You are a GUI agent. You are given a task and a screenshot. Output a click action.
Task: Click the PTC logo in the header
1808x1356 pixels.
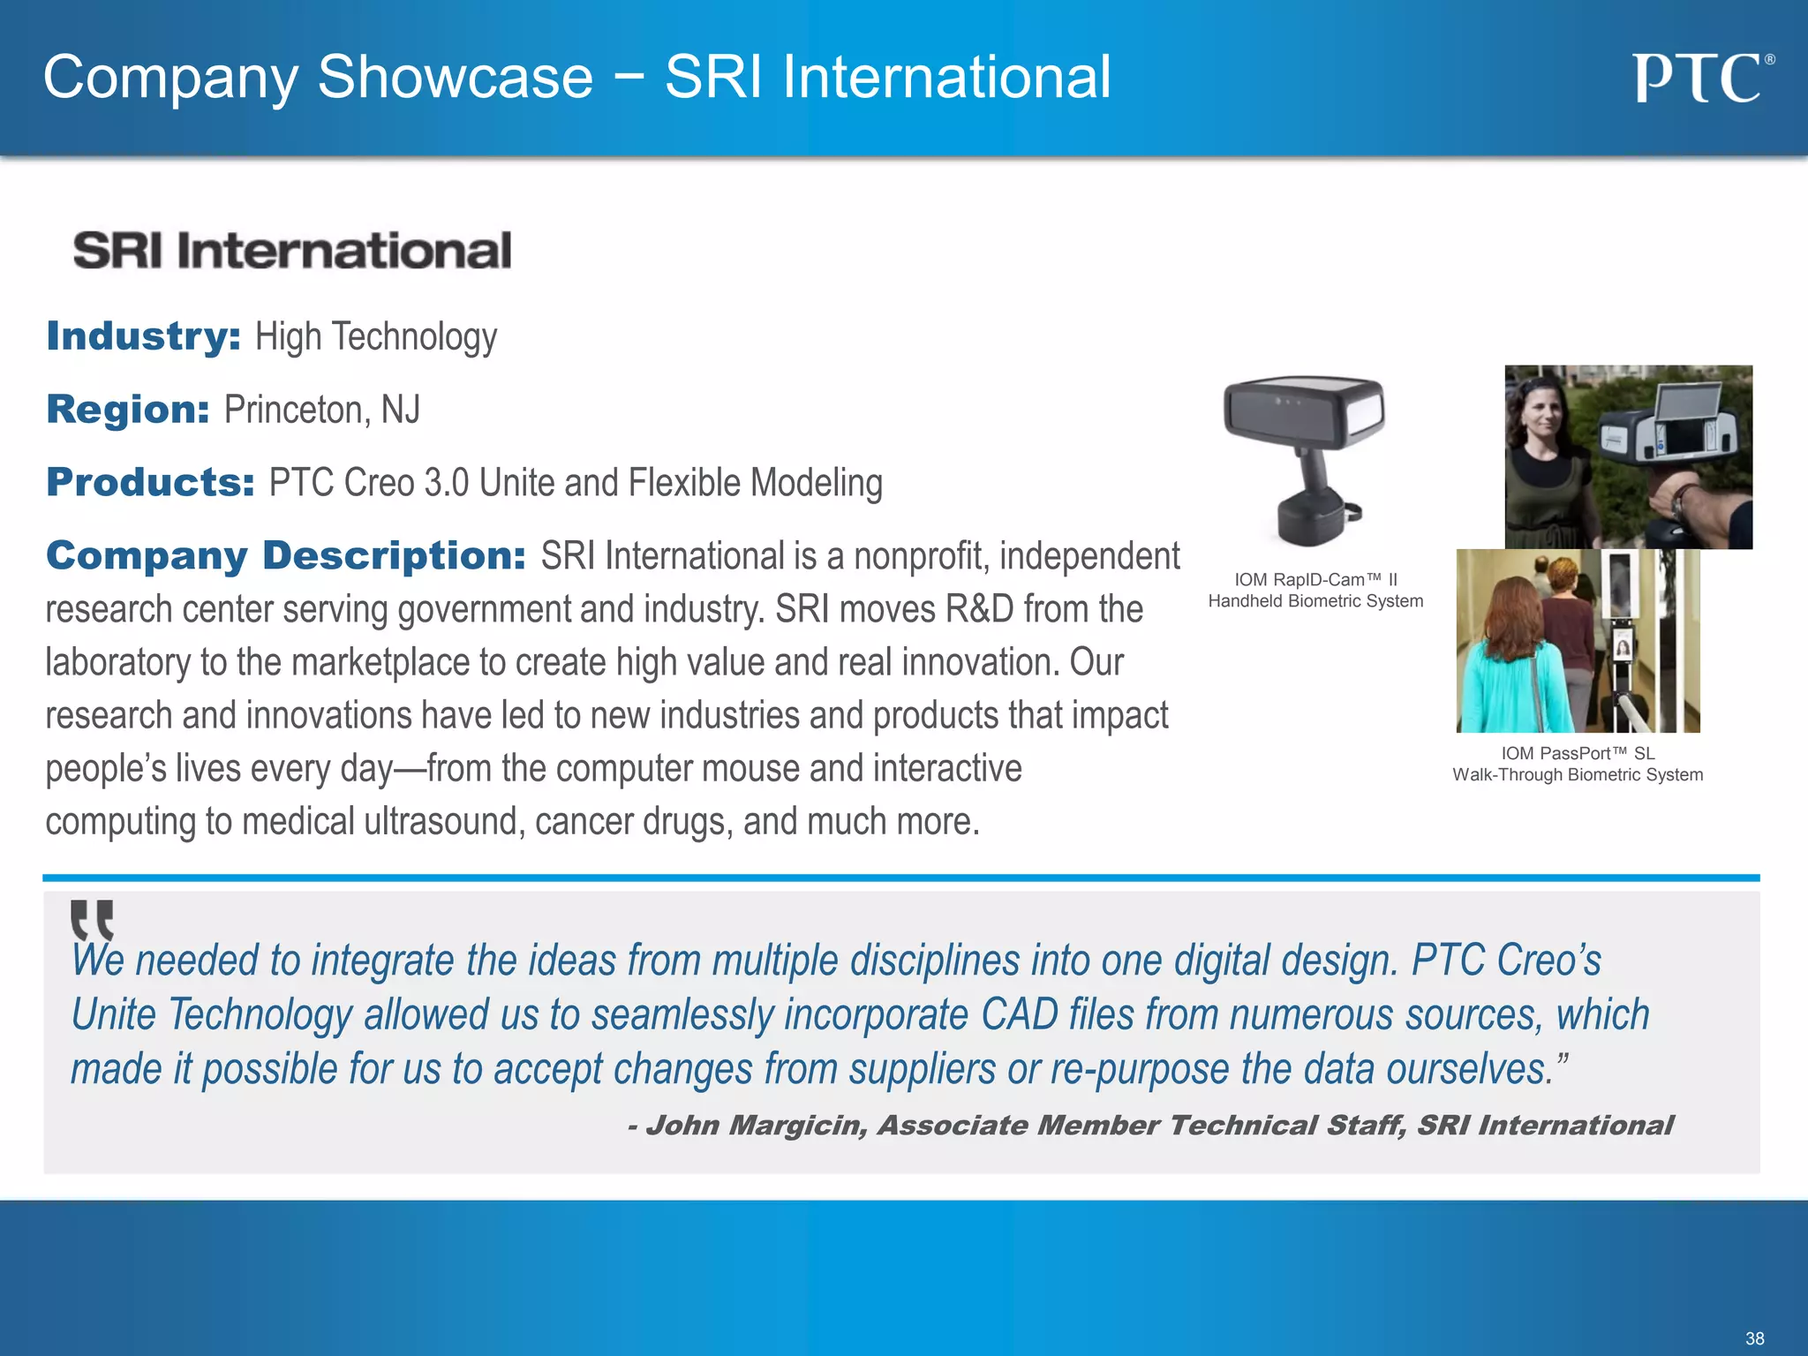click(x=1700, y=79)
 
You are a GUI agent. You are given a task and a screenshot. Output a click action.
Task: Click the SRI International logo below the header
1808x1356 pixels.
click(x=292, y=251)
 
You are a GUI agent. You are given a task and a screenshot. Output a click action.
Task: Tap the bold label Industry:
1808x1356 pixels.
click(x=143, y=336)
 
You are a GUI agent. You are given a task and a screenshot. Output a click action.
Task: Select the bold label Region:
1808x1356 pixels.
click(x=128, y=410)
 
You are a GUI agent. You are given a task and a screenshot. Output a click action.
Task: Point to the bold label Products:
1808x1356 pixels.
click(x=150, y=483)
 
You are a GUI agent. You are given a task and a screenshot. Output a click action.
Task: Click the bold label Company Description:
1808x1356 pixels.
click(x=286, y=556)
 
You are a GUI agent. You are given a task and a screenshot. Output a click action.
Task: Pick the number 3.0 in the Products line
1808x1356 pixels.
click(x=446, y=483)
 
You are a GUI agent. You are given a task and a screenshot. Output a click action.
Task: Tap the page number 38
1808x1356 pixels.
click(x=1754, y=1338)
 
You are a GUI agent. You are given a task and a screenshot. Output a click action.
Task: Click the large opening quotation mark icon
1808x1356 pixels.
click(x=93, y=921)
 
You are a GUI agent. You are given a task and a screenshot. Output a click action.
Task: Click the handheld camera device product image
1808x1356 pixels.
click(x=1304, y=457)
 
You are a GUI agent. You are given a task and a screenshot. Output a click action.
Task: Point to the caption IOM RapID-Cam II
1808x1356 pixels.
click(x=1315, y=580)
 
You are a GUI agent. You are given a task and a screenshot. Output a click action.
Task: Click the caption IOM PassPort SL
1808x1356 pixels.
click(x=1578, y=753)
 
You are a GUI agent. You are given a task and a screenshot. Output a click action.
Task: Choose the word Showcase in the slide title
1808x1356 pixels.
click(x=455, y=78)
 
